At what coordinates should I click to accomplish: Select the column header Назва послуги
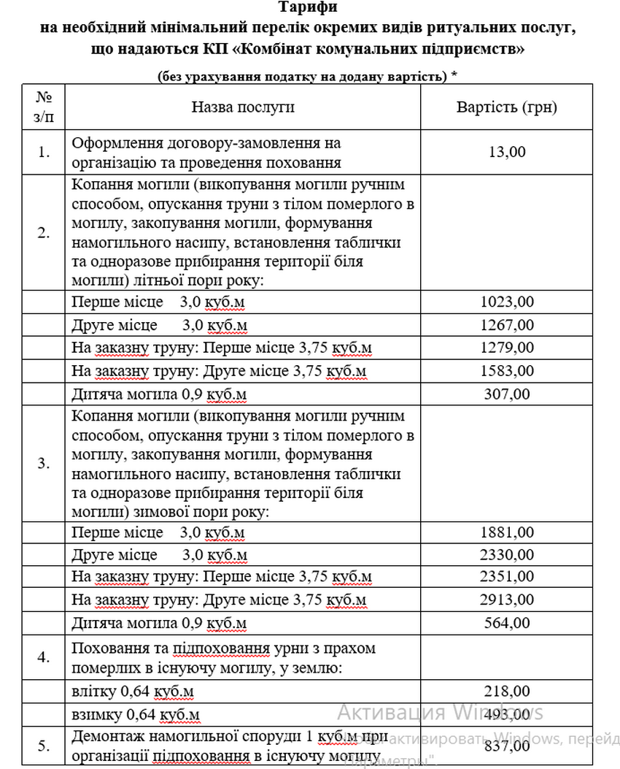pyautogui.click(x=243, y=107)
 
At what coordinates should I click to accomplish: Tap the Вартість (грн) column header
pyautogui.click(x=507, y=107)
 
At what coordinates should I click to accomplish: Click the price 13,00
pyautogui.click(x=508, y=152)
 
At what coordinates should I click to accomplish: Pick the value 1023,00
pyautogui.click(x=508, y=301)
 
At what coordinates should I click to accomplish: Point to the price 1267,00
pyautogui.click(x=508, y=324)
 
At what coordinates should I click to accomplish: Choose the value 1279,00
pyautogui.click(x=508, y=348)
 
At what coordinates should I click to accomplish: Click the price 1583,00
pyautogui.click(x=508, y=371)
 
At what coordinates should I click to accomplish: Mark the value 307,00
pyautogui.click(x=508, y=394)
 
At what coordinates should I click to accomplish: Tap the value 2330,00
pyautogui.click(x=508, y=554)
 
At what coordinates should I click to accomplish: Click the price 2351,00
pyautogui.click(x=508, y=577)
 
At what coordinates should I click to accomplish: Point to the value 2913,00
pyautogui.click(x=508, y=600)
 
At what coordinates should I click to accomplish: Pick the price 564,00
pyautogui.click(x=508, y=623)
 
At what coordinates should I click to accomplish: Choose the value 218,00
pyautogui.click(x=508, y=690)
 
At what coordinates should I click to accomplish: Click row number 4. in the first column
pyautogui.click(x=44, y=657)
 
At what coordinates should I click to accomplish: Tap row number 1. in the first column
pyautogui.click(x=44, y=152)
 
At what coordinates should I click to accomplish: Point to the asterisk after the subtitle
pyautogui.click(x=455, y=75)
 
